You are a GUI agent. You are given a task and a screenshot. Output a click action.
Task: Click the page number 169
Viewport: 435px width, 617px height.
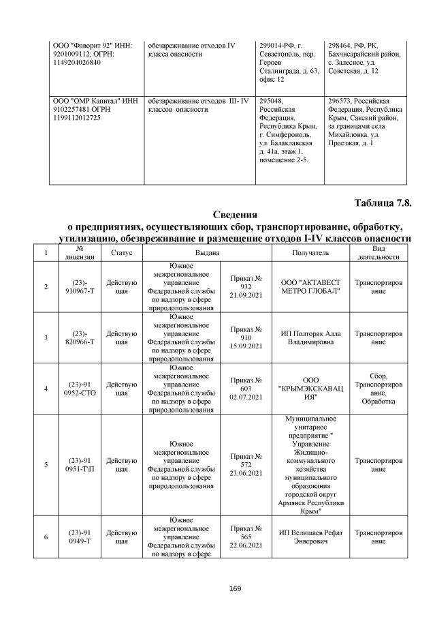point(217,588)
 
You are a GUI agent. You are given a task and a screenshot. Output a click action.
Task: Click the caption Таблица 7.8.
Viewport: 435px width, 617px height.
point(384,203)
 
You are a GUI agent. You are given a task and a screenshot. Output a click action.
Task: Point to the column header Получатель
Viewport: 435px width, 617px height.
point(310,252)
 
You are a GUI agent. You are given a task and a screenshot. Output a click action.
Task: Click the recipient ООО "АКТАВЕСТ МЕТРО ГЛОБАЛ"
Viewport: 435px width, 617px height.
point(310,287)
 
